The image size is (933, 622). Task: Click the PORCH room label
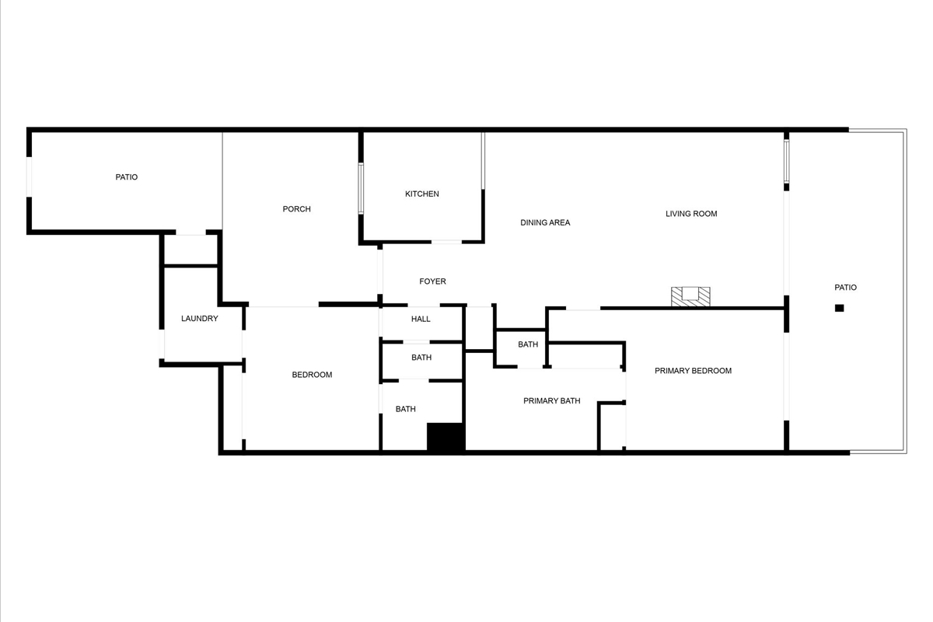click(x=296, y=208)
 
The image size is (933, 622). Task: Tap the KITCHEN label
click(x=422, y=194)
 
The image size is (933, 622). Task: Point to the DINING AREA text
click(x=545, y=222)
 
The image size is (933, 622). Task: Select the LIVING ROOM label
click(x=691, y=214)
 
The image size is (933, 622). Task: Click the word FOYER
click(x=432, y=281)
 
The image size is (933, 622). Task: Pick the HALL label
click(x=421, y=319)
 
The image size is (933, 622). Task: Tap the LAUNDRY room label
click(x=200, y=318)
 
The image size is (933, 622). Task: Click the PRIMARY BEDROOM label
click(x=693, y=370)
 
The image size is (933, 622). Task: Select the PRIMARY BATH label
click(x=551, y=400)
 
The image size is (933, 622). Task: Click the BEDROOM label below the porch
click(x=312, y=375)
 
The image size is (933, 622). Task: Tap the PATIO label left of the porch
click(x=126, y=177)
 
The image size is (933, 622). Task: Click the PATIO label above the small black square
click(x=846, y=287)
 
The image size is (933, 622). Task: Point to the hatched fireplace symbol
click(x=690, y=297)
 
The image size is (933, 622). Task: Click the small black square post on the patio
click(x=839, y=308)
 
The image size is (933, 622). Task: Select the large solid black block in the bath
click(x=446, y=437)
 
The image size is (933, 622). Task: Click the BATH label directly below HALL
click(x=421, y=357)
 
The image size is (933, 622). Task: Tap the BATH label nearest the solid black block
click(x=405, y=409)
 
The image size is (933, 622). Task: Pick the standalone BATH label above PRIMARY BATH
click(x=528, y=344)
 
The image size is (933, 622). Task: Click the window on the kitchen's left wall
click(x=361, y=189)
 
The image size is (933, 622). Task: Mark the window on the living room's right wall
click(x=786, y=161)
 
